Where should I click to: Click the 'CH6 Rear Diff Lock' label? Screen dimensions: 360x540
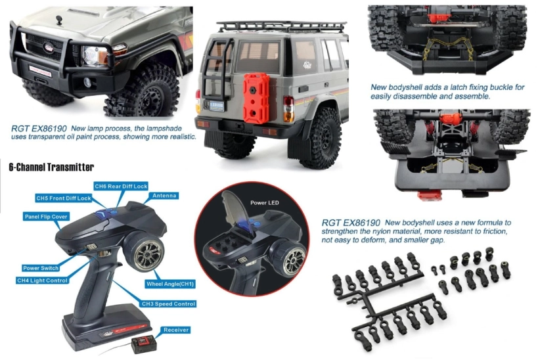tap(120, 187)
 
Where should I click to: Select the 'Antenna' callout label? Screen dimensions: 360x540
tap(164, 196)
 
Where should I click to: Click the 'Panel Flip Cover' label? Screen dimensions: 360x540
tap(46, 216)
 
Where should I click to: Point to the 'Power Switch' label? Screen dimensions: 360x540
tap(41, 268)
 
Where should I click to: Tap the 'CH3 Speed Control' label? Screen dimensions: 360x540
tap(168, 304)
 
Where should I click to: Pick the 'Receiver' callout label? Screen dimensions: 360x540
tap(177, 329)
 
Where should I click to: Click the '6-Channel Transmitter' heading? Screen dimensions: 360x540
tap(51, 168)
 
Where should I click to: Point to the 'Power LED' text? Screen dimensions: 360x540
tap(265, 203)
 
